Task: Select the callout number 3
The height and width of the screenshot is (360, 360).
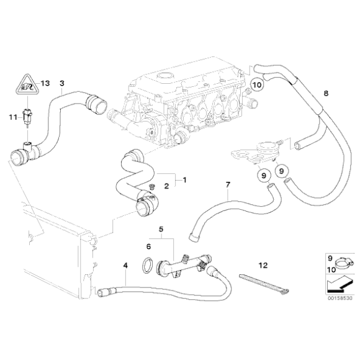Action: [61, 83]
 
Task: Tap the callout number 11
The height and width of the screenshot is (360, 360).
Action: [12, 116]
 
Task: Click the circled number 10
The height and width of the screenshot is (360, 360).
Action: [258, 83]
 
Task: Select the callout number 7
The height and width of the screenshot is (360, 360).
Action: [228, 185]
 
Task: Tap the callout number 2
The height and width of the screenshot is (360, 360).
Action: [166, 186]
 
